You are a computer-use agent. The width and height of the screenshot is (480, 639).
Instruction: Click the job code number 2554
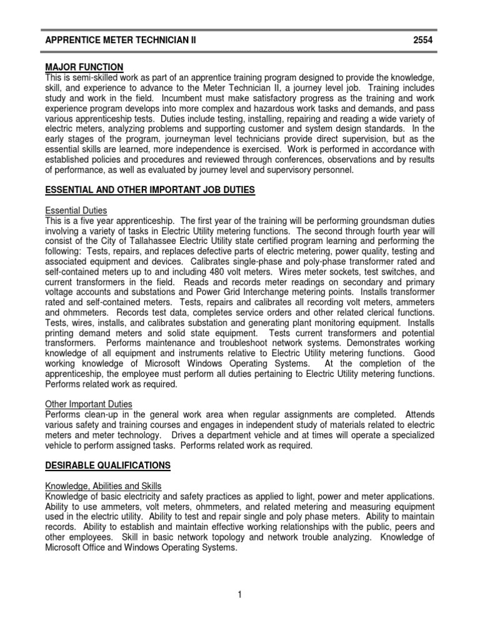click(423, 41)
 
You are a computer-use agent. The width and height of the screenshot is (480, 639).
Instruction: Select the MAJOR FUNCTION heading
click(84, 67)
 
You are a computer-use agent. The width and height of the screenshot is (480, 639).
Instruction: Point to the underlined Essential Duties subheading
click(76, 211)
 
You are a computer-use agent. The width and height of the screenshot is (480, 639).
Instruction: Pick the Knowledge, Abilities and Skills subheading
click(104, 486)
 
